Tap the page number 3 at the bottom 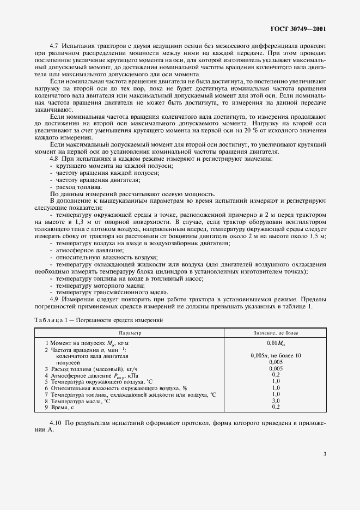324,453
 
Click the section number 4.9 54,299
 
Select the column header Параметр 130,332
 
